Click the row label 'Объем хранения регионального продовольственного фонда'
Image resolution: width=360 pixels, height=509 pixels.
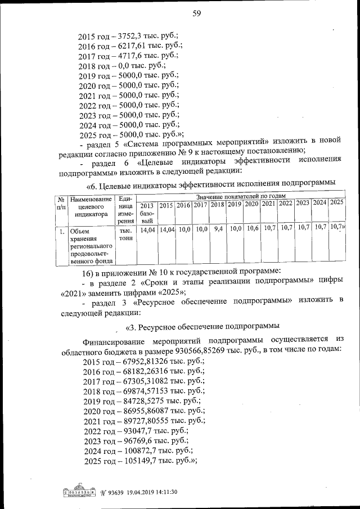pos(89,245)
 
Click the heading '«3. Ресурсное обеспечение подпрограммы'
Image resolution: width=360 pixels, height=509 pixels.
pos(202,326)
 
